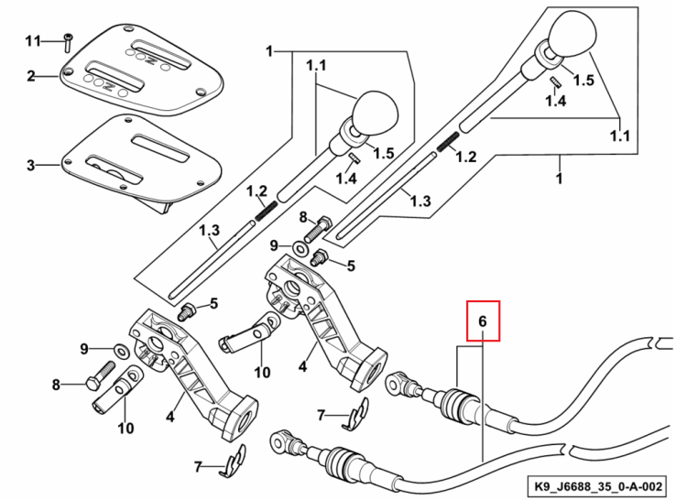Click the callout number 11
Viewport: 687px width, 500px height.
33,41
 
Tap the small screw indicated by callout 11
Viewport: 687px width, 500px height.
68,42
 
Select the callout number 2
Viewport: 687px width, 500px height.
30,77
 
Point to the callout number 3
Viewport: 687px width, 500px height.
30,166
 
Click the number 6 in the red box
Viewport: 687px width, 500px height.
483,321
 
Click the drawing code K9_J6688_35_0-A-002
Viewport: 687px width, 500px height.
598,486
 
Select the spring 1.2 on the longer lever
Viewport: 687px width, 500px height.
447,142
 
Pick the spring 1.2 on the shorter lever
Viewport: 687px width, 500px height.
266,211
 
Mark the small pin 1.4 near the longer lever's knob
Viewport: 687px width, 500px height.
556,82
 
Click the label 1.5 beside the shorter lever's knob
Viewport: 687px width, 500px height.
384,153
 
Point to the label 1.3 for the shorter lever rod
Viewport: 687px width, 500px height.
210,230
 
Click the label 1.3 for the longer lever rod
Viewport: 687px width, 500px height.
420,201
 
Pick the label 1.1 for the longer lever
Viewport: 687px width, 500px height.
620,136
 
